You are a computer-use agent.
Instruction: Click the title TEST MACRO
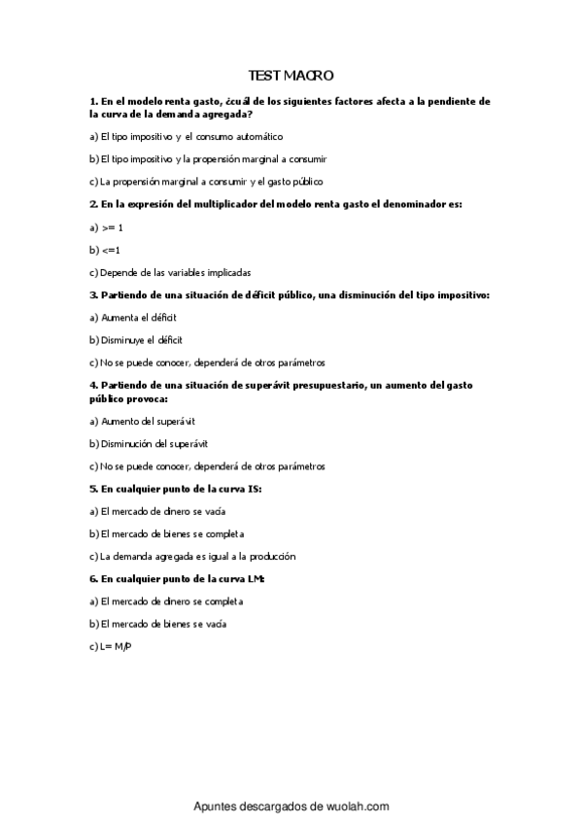(291, 75)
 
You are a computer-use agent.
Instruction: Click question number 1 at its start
(92, 100)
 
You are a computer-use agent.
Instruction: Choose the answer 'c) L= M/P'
(110, 646)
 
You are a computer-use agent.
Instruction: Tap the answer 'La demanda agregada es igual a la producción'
(191, 557)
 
